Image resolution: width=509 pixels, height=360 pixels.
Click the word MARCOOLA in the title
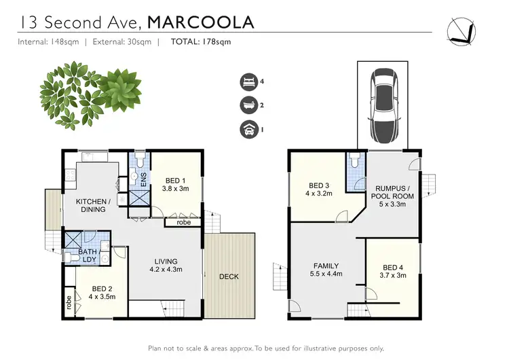[x=201, y=22]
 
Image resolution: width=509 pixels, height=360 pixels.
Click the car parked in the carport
[x=383, y=104]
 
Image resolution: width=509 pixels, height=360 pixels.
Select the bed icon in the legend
[x=247, y=82]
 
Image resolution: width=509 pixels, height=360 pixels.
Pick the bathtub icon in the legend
[x=247, y=105]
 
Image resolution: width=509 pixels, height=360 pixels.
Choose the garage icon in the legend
[x=247, y=128]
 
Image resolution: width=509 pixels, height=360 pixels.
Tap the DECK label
[x=229, y=276]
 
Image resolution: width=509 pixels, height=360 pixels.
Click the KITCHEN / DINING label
[x=90, y=205]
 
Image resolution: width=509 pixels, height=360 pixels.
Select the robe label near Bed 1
[x=183, y=221]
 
